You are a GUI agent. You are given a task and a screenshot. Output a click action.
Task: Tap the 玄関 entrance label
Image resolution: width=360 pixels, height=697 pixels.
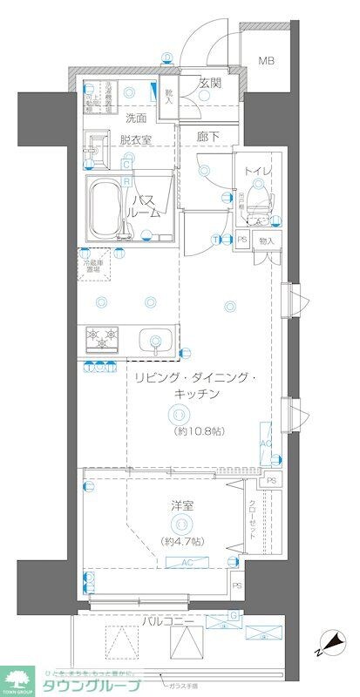click(211, 84)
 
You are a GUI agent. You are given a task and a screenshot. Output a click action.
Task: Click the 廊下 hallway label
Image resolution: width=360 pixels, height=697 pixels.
click(207, 137)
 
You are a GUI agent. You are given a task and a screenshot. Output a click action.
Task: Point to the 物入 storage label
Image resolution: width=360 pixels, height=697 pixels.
click(267, 240)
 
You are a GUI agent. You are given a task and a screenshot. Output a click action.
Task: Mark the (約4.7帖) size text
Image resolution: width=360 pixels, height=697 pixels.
click(183, 542)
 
